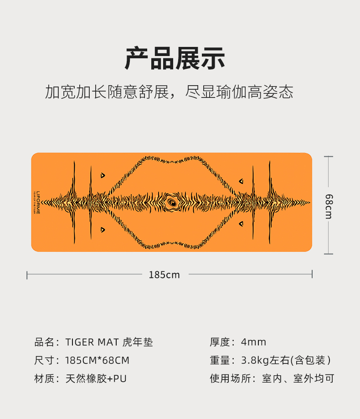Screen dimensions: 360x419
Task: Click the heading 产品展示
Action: tap(175, 59)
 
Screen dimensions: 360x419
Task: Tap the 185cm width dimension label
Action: tap(164, 275)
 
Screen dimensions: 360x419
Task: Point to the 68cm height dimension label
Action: tap(329, 205)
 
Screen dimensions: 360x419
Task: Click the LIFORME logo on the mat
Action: tap(38, 202)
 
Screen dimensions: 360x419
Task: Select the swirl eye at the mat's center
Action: tap(173, 202)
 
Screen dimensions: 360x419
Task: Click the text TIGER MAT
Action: tap(92, 342)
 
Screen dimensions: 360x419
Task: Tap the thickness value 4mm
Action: tap(253, 342)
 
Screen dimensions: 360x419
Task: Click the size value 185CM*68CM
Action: tap(97, 360)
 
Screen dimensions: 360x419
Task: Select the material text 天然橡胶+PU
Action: tap(96, 378)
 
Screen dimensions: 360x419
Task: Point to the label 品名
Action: tap(45, 342)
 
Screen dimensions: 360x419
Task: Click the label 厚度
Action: tap(220, 342)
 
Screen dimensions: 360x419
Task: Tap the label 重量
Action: tap(220, 360)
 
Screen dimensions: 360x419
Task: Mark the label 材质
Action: tap(45, 378)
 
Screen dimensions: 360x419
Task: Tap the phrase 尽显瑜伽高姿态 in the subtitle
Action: tap(239, 92)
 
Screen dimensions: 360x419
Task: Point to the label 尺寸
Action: tap(45, 360)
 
